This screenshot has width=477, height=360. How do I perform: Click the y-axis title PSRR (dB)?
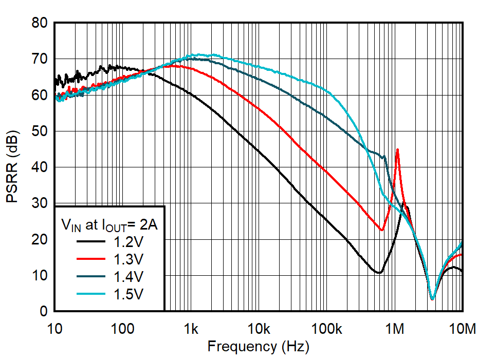(12, 167)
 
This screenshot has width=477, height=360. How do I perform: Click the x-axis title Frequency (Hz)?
(258, 347)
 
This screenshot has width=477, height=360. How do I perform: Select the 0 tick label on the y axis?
(44, 312)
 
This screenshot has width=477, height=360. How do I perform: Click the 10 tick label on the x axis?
(55, 328)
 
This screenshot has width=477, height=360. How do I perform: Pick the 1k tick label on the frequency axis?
(191, 328)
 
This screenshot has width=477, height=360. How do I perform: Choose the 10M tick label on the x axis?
(462, 328)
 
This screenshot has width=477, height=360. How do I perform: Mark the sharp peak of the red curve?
(397, 149)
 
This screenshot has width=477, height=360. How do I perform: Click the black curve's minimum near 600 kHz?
(379, 272)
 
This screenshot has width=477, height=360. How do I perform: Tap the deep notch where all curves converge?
(432, 298)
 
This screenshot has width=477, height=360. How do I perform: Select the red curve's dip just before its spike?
(381, 230)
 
